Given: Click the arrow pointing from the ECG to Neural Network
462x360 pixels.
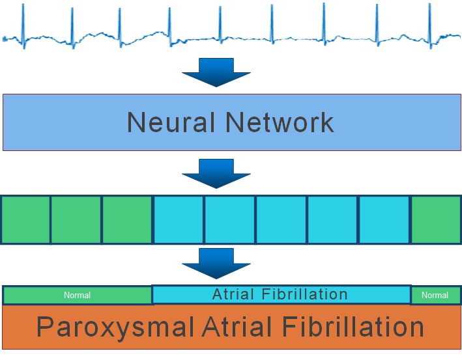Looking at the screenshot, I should (216, 71).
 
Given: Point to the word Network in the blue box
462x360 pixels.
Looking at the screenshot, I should (280, 122).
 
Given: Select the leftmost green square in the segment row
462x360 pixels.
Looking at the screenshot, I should (25, 219).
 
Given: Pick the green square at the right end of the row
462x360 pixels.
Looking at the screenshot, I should (435, 219).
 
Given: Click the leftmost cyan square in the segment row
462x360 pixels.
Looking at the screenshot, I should (179, 219).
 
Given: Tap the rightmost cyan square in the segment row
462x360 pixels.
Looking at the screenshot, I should (384, 219).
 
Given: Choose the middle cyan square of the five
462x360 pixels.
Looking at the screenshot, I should (281, 219).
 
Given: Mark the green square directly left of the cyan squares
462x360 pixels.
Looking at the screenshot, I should (127, 219).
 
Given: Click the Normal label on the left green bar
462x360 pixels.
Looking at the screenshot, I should (77, 296).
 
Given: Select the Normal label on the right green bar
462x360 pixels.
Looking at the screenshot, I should (435, 296).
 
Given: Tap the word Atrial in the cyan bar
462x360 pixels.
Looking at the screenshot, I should (233, 294).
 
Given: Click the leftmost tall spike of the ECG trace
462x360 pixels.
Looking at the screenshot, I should (23, 20).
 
